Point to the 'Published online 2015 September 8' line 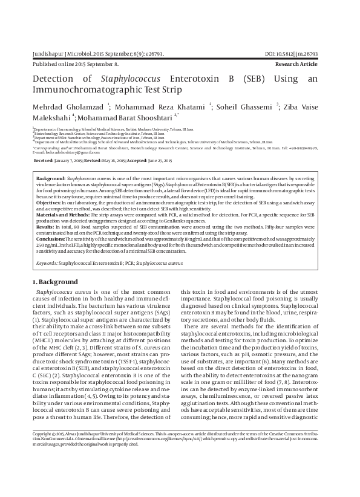point(75,63)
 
